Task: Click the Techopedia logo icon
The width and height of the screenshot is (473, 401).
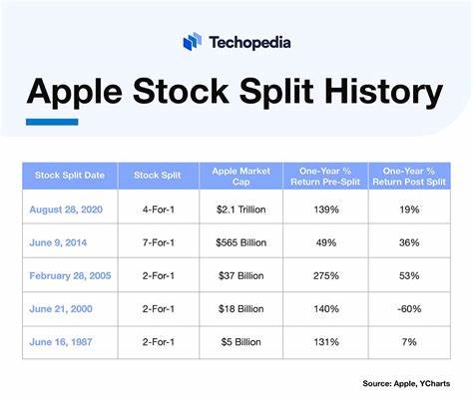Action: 193,41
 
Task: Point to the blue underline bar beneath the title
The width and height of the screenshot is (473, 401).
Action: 52,122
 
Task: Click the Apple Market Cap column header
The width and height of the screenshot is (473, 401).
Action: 240,177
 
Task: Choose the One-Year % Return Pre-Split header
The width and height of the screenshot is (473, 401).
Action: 326,177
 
